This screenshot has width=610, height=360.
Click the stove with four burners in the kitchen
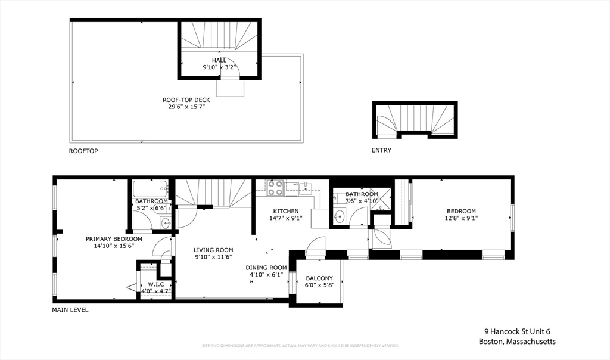tap(275, 188)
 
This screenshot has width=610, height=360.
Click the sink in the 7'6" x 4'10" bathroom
tap(340, 216)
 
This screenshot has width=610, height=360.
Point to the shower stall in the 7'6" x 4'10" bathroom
tap(381, 198)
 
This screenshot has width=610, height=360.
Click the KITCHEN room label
tap(286, 211)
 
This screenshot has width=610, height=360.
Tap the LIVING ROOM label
tap(213, 250)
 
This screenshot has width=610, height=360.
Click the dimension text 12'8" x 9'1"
tap(462, 218)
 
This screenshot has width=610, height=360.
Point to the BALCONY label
tap(319, 278)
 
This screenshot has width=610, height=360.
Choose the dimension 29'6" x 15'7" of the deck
tap(186, 107)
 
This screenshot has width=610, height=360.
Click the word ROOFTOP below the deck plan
tap(83, 151)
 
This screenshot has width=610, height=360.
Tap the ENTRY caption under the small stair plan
tap(381, 150)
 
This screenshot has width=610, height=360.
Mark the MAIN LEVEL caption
tap(70, 310)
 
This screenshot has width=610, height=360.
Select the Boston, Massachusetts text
tap(517, 342)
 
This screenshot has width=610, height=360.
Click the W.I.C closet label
tap(155, 284)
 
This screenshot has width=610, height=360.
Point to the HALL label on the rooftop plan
tap(219, 60)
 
